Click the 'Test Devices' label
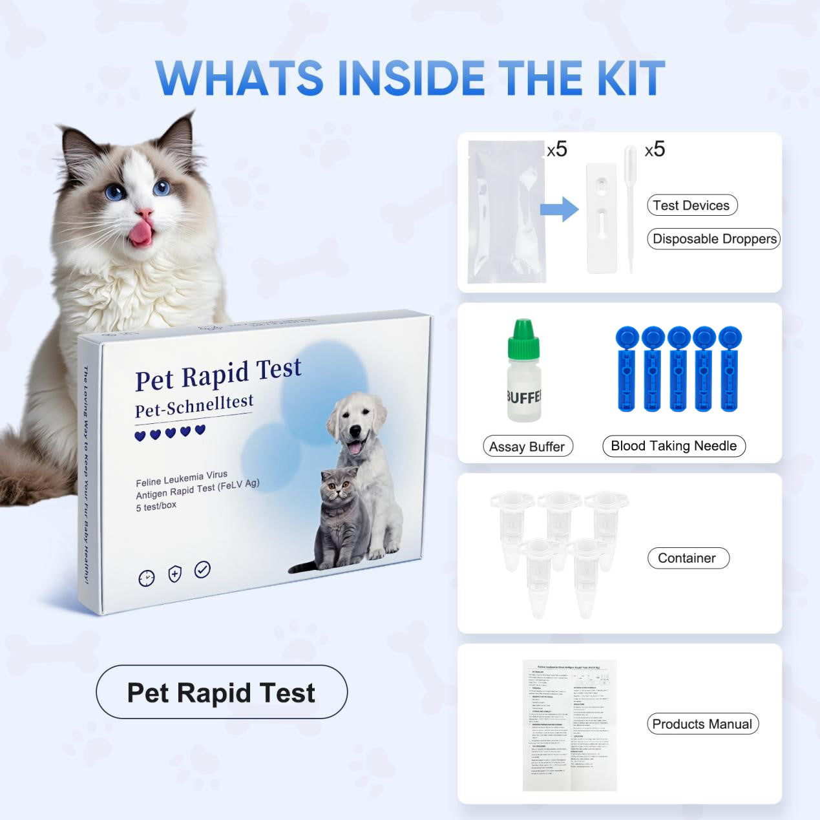691,205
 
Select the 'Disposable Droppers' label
714,238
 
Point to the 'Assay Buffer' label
527,447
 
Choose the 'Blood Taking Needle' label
673,446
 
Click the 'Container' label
688,558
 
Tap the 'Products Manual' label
702,724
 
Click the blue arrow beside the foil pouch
560,209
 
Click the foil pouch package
506,212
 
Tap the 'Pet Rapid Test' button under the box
222,693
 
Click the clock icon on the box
147,578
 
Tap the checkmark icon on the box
202,569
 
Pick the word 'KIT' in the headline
631,78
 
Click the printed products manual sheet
569,725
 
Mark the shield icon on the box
174,573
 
